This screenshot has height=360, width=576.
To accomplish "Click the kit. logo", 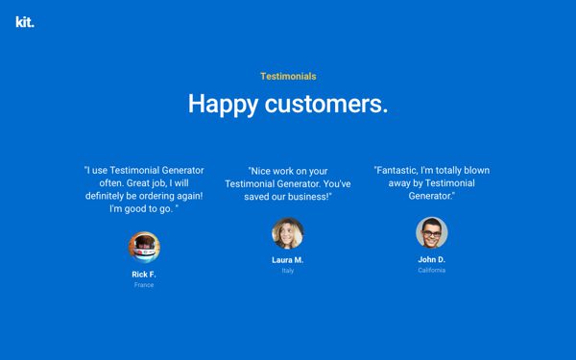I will [x=24, y=22].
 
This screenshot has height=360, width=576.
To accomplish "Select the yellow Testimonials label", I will [x=288, y=76].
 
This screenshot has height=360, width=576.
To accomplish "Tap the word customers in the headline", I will [x=325, y=104].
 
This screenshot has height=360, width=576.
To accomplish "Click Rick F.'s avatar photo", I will [x=144, y=247].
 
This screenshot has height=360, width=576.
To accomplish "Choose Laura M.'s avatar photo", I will [x=288, y=233].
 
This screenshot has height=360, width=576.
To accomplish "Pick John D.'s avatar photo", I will [x=432, y=233].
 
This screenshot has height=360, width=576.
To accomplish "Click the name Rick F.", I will [x=144, y=274].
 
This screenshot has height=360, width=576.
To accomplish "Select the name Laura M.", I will [x=288, y=260].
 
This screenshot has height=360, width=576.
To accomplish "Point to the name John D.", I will [x=432, y=260].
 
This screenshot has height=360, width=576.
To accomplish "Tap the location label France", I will [x=144, y=285].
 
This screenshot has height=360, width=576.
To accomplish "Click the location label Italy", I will [x=288, y=271].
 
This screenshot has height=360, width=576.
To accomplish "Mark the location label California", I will [x=432, y=271].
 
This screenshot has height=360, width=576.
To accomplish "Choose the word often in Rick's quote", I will [x=102, y=183].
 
